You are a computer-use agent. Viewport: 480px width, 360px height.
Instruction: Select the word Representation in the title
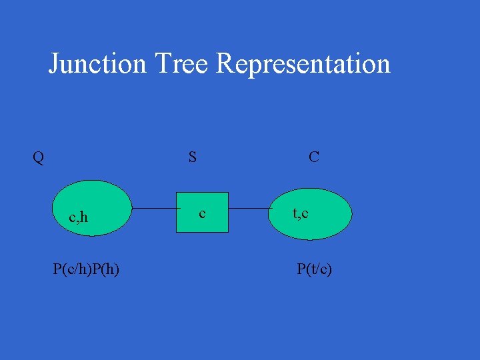303,65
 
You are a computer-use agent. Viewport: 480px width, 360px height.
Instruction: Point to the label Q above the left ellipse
39,158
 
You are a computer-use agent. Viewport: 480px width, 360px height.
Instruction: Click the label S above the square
193,157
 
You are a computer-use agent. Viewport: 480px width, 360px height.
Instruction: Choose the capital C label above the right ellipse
313,157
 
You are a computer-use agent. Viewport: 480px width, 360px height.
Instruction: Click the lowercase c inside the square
202,213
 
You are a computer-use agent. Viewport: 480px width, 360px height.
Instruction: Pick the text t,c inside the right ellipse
300,213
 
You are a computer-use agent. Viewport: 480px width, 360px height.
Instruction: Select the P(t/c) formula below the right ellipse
315,269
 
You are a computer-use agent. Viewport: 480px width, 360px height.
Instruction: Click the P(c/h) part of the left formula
71,269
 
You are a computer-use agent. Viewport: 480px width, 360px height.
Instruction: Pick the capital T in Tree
162,64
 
